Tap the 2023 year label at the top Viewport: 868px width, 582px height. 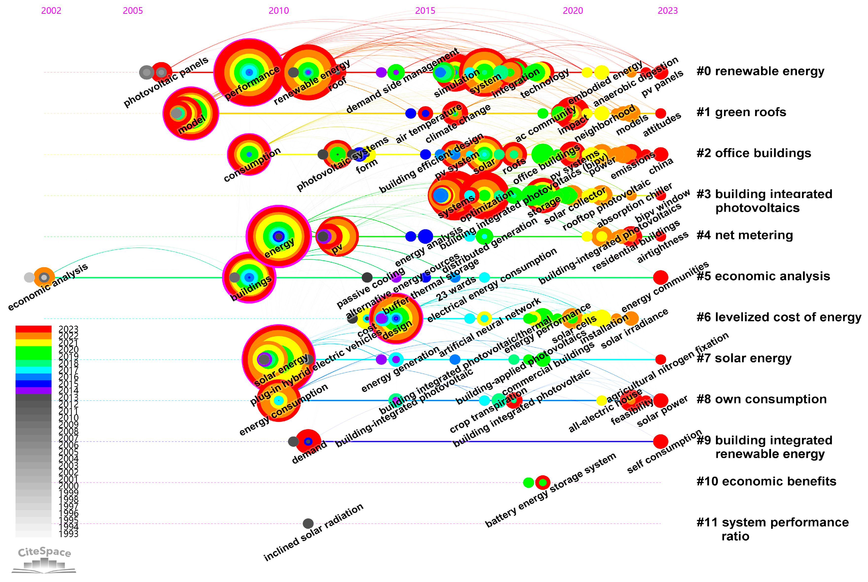click(x=667, y=10)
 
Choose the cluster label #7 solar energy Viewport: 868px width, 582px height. click(x=744, y=358)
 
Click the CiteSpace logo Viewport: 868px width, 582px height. click(x=44, y=559)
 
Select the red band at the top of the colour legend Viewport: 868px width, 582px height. click(x=33, y=329)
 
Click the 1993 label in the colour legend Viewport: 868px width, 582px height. click(x=68, y=534)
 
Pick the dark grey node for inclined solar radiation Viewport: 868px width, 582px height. click(x=308, y=523)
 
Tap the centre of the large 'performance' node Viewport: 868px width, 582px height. click(x=249, y=72)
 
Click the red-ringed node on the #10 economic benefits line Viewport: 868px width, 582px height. click(x=543, y=482)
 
